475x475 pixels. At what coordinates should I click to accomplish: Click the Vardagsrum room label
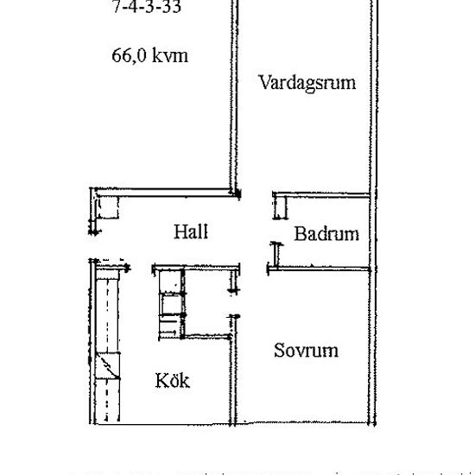point(307,83)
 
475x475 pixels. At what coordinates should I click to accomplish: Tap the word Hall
point(190,231)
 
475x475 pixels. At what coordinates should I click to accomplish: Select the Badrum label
point(326,234)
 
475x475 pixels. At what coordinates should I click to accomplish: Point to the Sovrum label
point(305,351)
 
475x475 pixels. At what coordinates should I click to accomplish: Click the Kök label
point(173,380)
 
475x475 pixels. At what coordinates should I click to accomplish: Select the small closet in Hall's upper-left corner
point(106,208)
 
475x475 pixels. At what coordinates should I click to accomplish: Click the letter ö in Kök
point(173,380)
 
